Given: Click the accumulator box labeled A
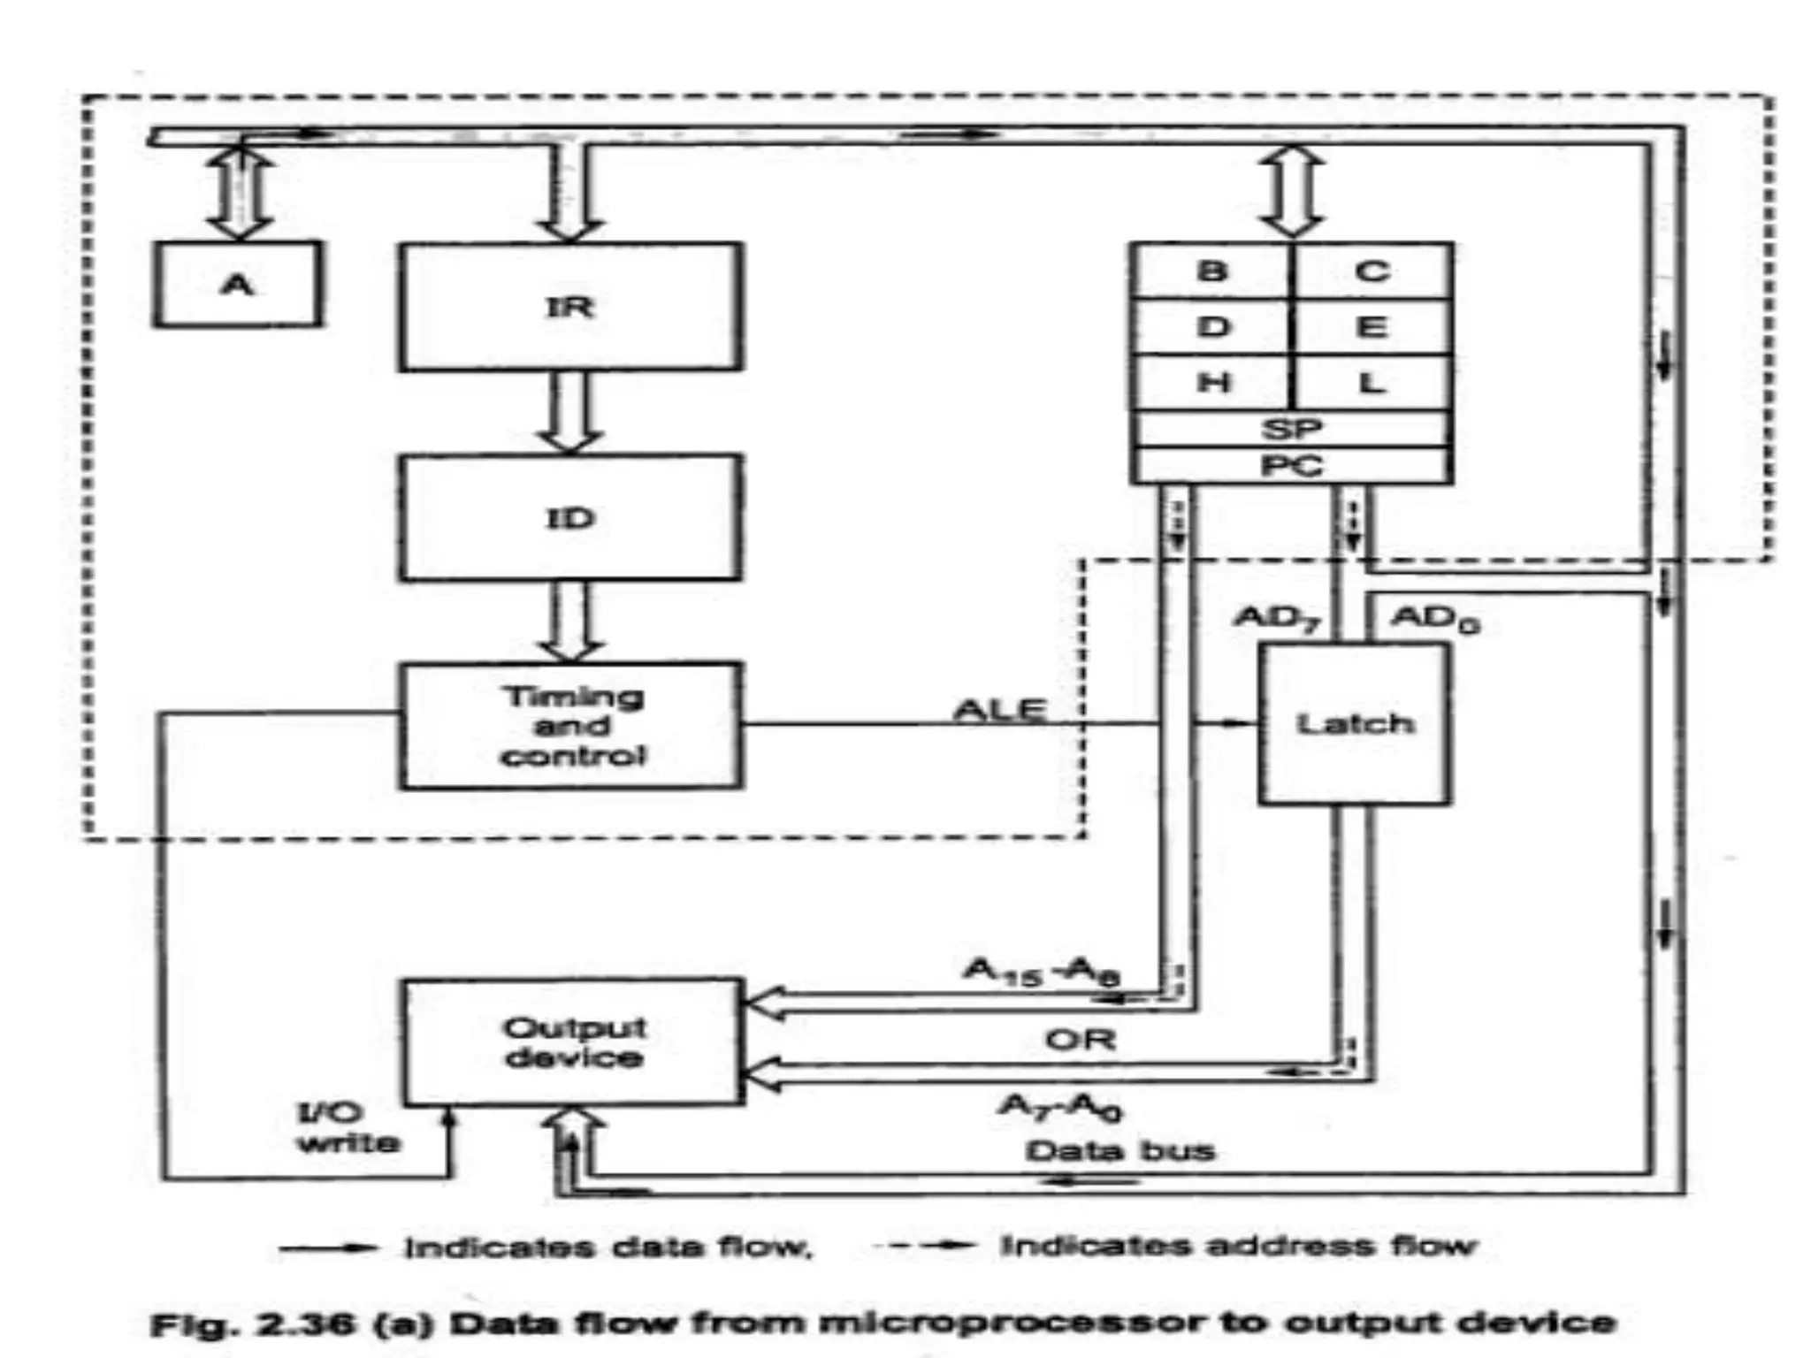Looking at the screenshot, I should tap(237, 285).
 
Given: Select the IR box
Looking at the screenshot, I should tap(570, 307).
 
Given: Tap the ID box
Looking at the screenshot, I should tap(570, 517).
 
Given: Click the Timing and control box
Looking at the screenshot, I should tap(571, 725).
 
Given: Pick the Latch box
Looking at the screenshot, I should tap(1354, 724).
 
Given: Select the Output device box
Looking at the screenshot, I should tap(573, 1041).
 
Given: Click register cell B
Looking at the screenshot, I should tap(1211, 271).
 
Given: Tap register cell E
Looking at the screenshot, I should tap(1371, 327).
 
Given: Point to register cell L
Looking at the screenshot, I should tap(1371, 383).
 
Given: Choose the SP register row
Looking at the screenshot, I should tap(1291, 430).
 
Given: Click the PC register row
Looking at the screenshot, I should tap(1291, 465).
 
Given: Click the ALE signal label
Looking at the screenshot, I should tap(999, 709).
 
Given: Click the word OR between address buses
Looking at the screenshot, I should tap(1080, 1039).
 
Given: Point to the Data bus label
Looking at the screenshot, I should tap(1119, 1150).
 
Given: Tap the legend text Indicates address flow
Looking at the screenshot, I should tap(1238, 1246).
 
